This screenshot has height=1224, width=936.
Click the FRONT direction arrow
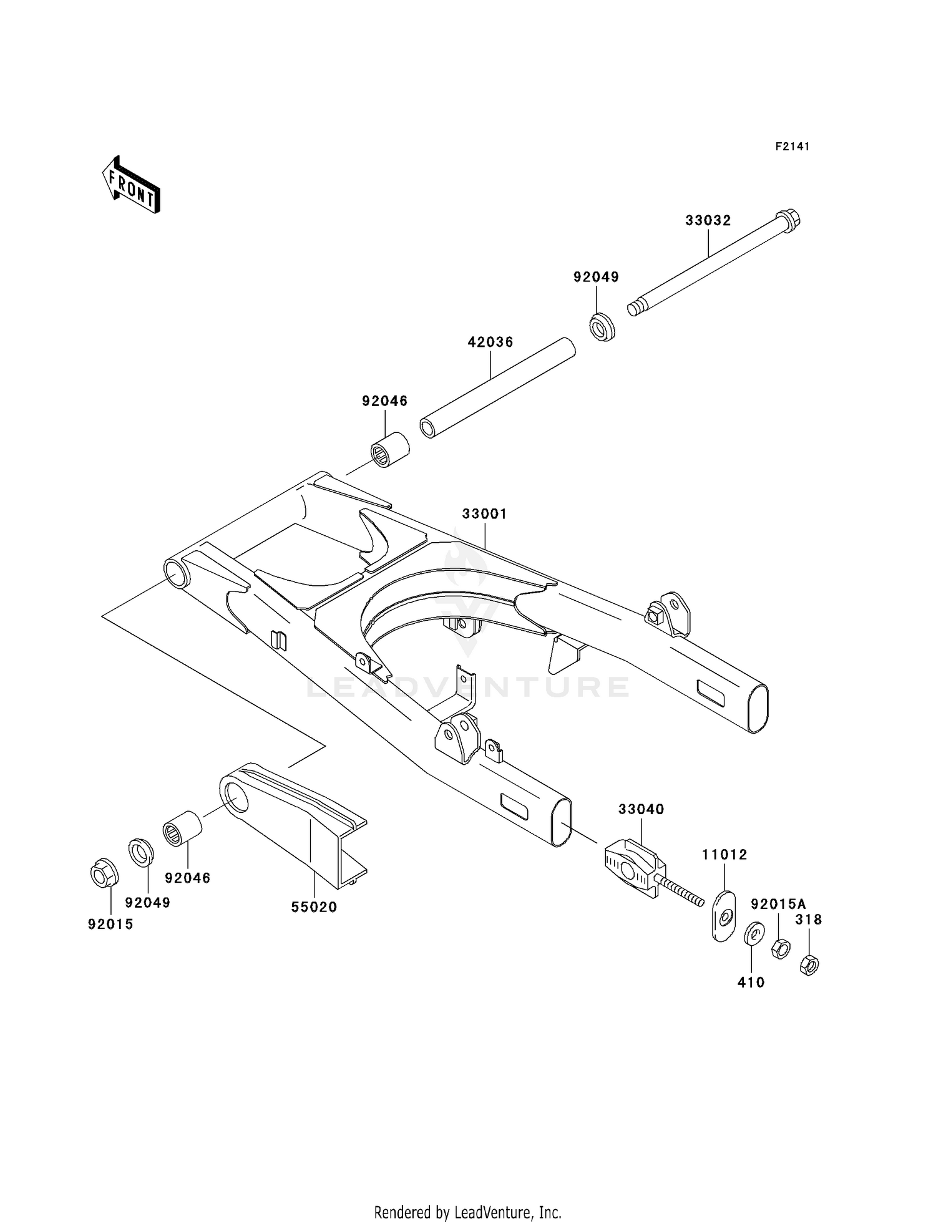(131, 186)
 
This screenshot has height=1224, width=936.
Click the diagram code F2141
(792, 147)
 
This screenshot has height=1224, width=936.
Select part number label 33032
(708, 220)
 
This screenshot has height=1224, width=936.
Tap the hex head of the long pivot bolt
(789, 220)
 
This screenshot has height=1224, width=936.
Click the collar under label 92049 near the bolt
(602, 327)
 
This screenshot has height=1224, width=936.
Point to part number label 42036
(490, 342)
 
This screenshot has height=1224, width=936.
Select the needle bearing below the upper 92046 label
(389, 450)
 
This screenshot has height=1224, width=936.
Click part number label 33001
(484, 513)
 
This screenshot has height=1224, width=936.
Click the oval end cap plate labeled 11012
(724, 916)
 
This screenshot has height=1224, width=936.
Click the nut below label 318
(809, 965)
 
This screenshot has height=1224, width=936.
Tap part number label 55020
(314, 906)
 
